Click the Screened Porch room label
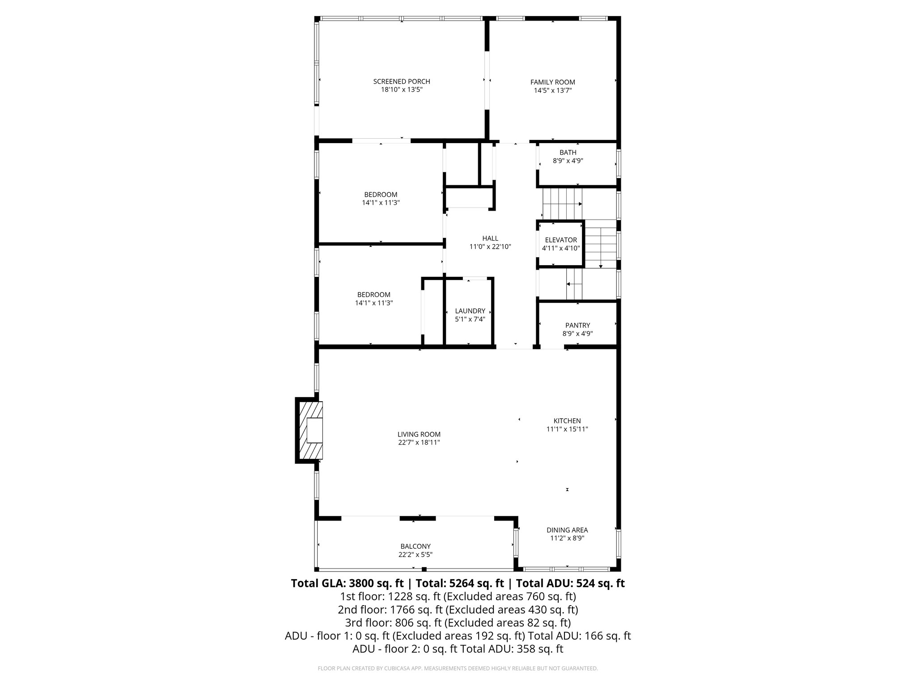point(401,81)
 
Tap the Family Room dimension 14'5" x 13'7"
point(552,90)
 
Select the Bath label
point(568,153)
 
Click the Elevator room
point(561,244)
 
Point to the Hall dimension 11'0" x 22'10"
point(490,246)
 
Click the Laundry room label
point(470,311)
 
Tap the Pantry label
point(577,325)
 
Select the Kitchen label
point(567,421)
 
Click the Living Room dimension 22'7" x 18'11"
point(419,442)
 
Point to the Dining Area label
point(567,530)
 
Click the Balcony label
point(415,546)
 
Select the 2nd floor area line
point(458,610)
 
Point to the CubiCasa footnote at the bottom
point(458,668)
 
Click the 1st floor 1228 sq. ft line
point(458,597)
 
